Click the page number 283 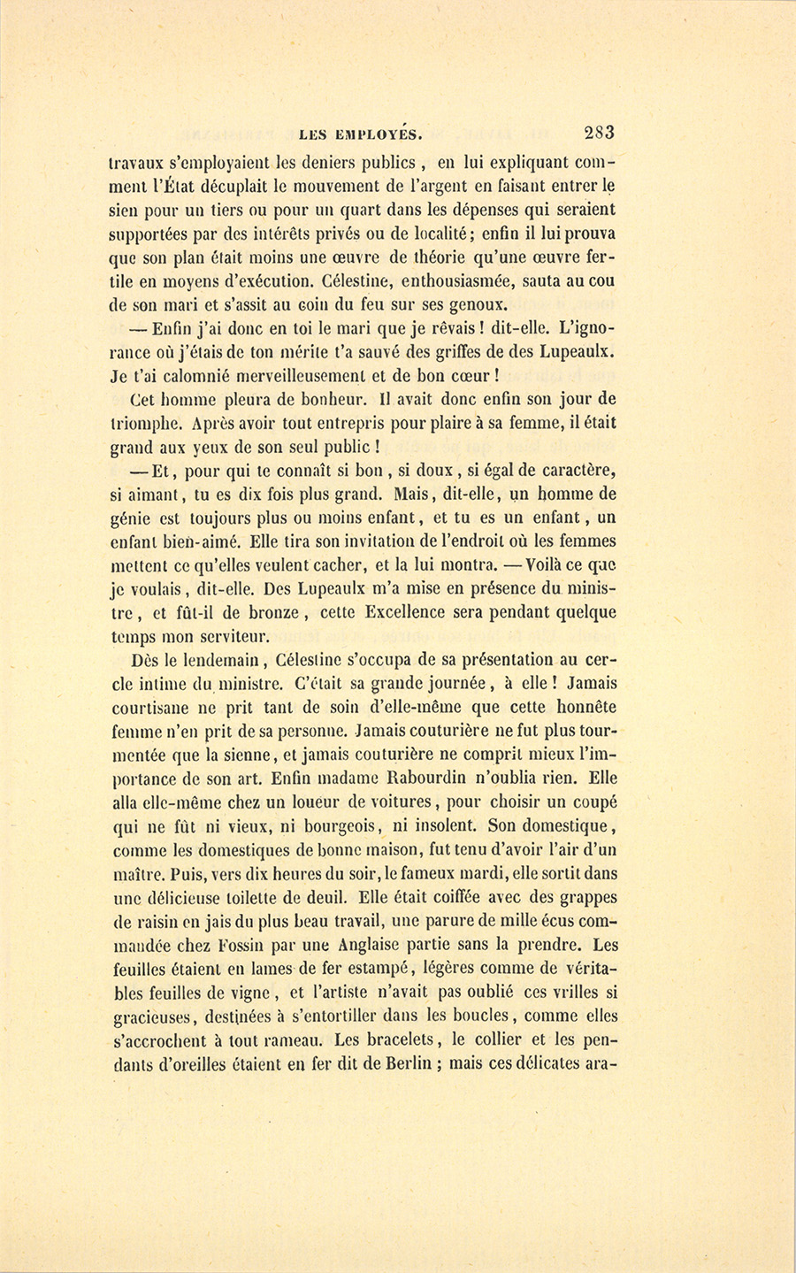pyautogui.click(x=599, y=134)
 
